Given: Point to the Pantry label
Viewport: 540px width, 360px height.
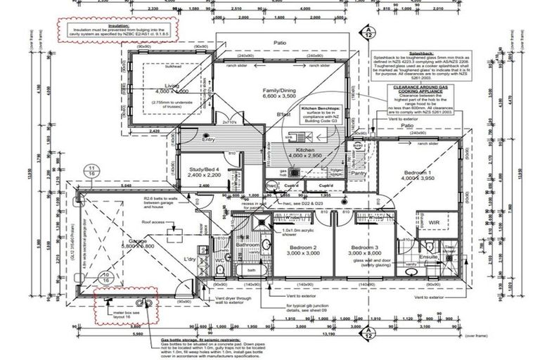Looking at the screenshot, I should [361, 172].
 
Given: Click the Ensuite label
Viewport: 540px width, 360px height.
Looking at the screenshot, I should [430, 257].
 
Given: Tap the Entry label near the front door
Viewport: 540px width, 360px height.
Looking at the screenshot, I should [208, 139].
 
